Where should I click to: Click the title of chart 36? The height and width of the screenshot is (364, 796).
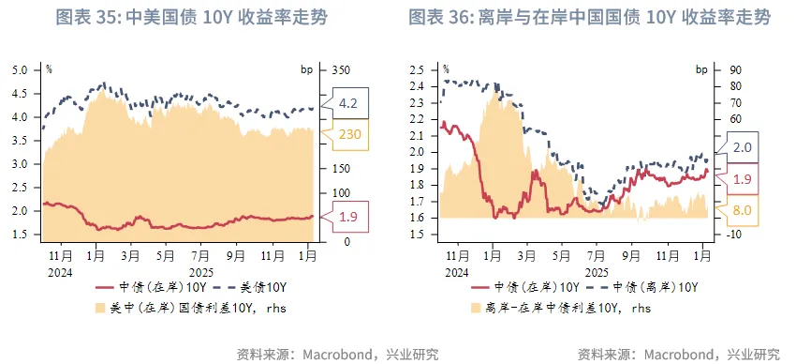(590, 19)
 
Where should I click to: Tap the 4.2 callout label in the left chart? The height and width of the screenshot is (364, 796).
(347, 102)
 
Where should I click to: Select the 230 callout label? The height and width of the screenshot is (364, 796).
(348, 134)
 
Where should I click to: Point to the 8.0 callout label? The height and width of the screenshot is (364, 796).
(742, 210)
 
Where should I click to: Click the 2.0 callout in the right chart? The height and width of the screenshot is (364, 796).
(742, 147)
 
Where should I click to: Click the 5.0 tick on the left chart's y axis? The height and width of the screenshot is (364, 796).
(19, 70)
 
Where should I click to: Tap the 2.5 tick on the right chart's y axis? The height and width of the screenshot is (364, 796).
(417, 70)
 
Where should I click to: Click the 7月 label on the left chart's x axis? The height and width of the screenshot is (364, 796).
(199, 254)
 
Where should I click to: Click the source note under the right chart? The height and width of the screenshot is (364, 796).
(679, 354)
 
